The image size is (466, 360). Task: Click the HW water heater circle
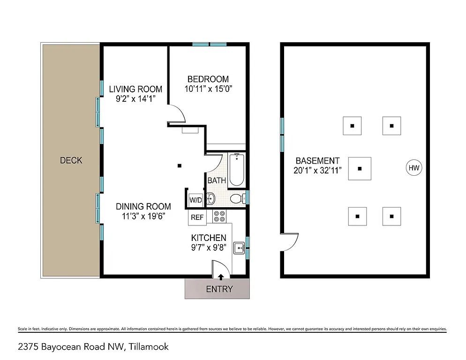[x=413, y=168]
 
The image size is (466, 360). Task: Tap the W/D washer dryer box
[x=195, y=200]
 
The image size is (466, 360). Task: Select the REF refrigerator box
[x=197, y=217]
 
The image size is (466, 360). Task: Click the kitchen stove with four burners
[x=219, y=217]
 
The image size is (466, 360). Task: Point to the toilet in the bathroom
[x=237, y=198]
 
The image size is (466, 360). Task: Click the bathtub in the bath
[x=236, y=169]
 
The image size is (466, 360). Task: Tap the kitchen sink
[x=240, y=248]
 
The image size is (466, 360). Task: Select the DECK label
[x=71, y=160]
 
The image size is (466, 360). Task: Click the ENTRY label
[x=219, y=289]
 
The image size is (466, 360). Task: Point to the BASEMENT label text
[x=317, y=161]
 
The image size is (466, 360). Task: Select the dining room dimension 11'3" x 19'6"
[x=143, y=216]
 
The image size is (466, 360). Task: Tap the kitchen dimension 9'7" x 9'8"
[x=209, y=248]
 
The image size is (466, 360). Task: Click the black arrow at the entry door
[x=221, y=277]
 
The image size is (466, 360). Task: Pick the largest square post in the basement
[x=360, y=168]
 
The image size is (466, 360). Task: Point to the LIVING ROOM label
[x=135, y=89]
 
